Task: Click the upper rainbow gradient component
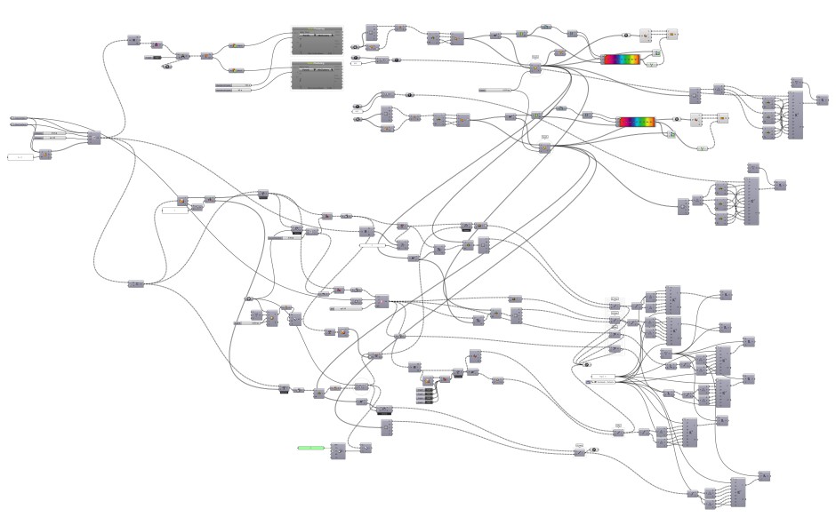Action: (620, 60)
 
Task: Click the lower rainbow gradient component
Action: (636, 122)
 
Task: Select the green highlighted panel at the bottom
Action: (310, 448)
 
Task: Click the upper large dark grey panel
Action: (318, 40)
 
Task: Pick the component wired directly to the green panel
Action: (338, 451)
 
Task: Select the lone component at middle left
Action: (135, 283)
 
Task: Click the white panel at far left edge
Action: (20, 157)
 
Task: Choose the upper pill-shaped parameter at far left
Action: (19, 117)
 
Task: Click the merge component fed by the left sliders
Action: (93, 137)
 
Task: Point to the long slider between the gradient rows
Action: (495, 90)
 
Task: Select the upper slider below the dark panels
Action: (234, 84)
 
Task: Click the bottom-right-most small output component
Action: (763, 478)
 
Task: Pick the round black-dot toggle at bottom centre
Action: (594, 449)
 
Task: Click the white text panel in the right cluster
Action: (604, 378)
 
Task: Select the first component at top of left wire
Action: (133, 40)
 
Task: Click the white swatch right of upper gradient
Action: (646, 36)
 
